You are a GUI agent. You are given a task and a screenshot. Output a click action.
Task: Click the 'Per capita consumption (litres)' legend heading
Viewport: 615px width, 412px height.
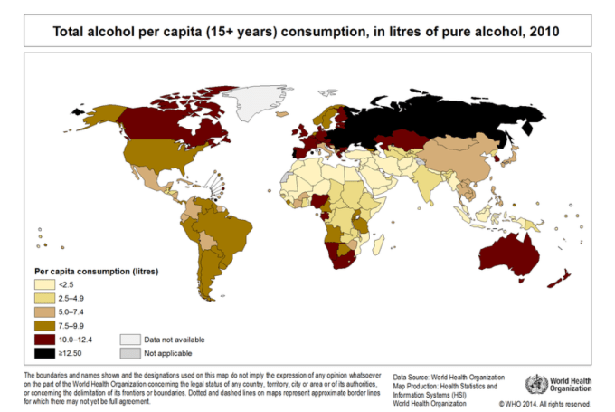[x=97, y=271]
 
